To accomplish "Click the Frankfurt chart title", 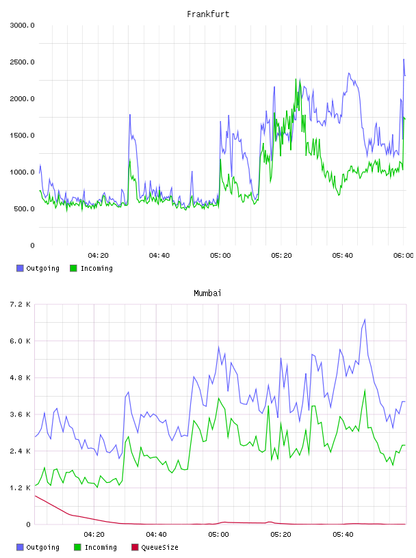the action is click(208, 14).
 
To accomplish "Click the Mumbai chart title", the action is click(207, 293).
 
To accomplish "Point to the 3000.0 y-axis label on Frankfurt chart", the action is click(22, 25).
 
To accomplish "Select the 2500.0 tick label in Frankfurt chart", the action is click(22, 62).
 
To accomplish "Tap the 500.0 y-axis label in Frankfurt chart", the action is click(24, 209).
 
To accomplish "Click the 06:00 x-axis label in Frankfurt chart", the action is click(404, 256).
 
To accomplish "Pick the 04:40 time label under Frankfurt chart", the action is click(159, 256).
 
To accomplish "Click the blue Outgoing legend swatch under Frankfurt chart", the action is click(20, 268).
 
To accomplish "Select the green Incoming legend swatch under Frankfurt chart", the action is click(73, 268).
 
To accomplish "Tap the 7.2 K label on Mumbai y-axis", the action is click(20, 304).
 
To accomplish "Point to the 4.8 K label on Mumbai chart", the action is click(20, 378).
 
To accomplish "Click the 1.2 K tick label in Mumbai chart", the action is click(20, 488).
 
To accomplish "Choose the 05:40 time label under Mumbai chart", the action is click(343, 535).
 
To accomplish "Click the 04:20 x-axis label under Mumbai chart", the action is click(94, 535).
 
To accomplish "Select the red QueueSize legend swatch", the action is click(135, 547).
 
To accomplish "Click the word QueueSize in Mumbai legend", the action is click(159, 547).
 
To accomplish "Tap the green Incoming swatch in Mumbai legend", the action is click(77, 547).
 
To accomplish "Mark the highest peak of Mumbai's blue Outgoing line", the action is click(365, 319).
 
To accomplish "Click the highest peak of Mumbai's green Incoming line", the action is click(365, 390).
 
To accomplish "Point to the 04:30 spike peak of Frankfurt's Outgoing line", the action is click(130, 115).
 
